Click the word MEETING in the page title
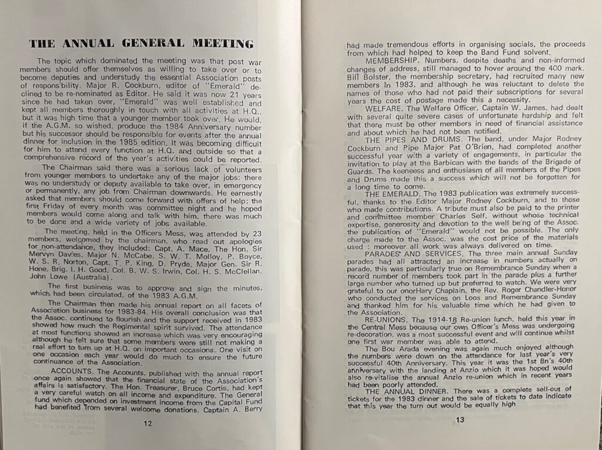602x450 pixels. pos(219,44)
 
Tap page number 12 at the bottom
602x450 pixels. pos(148,423)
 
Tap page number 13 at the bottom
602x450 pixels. pos(460,419)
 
